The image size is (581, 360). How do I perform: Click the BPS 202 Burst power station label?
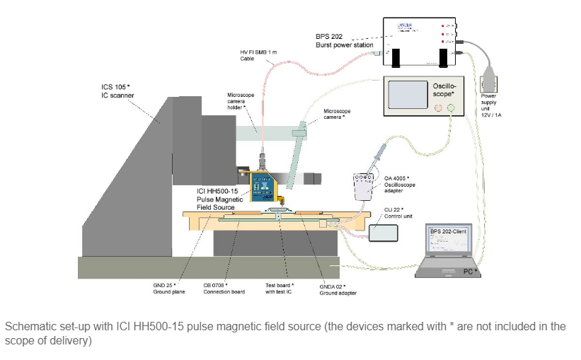pos(345,41)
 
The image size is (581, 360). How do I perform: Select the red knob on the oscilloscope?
pos(438,108)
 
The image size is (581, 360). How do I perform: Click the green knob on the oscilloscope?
pos(451,108)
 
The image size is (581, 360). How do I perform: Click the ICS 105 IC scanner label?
pos(117,91)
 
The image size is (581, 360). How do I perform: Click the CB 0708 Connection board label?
pos(223,289)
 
